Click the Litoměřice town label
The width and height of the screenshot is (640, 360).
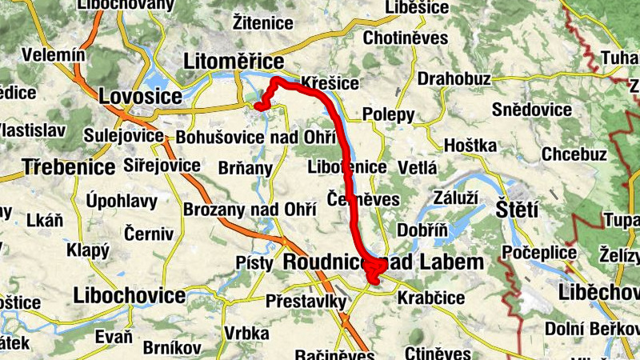(234, 62)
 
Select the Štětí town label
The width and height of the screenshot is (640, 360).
(517, 209)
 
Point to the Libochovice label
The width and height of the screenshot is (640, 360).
(129, 295)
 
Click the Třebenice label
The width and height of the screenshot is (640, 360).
(70, 168)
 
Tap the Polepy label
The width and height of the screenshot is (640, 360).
(389, 114)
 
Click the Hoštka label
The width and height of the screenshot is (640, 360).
(470, 146)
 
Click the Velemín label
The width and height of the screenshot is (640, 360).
(54, 55)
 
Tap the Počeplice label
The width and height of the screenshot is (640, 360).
(541, 254)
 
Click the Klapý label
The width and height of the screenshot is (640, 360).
(87, 250)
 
